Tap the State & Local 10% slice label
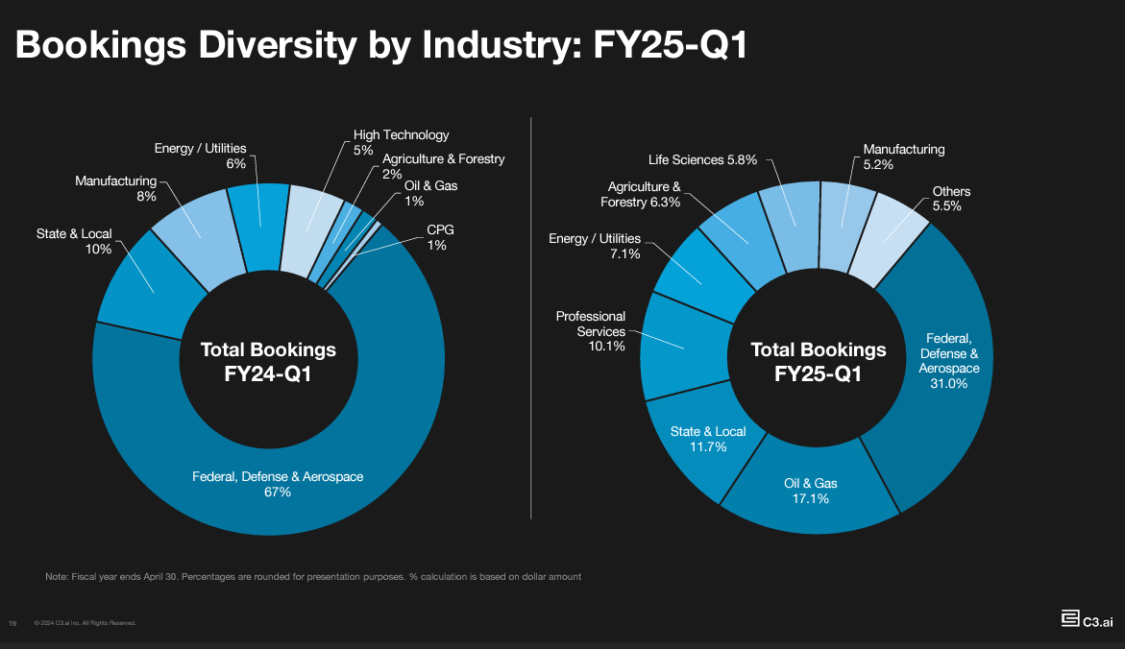click(x=74, y=241)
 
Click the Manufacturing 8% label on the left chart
click(x=115, y=188)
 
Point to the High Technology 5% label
click(x=401, y=142)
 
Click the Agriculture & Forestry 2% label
click(x=443, y=166)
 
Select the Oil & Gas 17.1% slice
click(x=806, y=491)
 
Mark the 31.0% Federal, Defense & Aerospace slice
click(x=948, y=361)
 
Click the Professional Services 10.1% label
click(x=590, y=330)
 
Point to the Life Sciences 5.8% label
click(x=703, y=159)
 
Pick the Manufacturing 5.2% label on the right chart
click(x=903, y=156)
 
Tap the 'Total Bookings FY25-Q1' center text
click(x=818, y=361)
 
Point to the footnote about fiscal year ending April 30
click(x=313, y=576)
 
